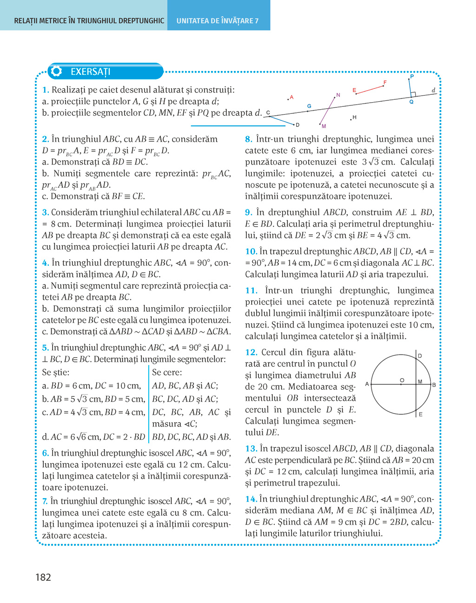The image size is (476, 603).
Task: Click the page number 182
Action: pyautogui.click(x=43, y=577)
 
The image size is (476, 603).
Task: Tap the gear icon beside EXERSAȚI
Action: pyautogui.click(x=57, y=72)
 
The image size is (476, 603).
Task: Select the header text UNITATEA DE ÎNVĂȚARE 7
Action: pyautogui.click(x=218, y=21)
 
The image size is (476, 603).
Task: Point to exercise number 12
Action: pyautogui.click(x=251, y=353)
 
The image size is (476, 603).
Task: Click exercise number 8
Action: pyautogui.click(x=248, y=139)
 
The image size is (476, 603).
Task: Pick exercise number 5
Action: pyautogui.click(x=45, y=348)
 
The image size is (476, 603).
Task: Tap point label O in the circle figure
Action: pyautogui.click(x=402, y=380)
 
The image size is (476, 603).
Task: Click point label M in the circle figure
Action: pyautogui.click(x=420, y=382)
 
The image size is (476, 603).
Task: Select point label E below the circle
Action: pyautogui.click(x=420, y=414)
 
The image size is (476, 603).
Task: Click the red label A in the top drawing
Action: pyautogui.click(x=291, y=98)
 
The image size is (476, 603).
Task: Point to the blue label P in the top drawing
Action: pyautogui.click(x=411, y=77)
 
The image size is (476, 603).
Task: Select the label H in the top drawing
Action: pyautogui.click(x=354, y=118)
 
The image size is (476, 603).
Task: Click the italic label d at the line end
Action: pyautogui.click(x=433, y=90)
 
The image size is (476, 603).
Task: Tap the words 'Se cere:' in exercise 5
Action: pyautogui.click(x=167, y=373)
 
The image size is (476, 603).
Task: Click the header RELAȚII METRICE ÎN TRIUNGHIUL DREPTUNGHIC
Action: pyautogui.click(x=89, y=21)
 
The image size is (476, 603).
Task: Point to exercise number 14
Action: pyautogui.click(x=251, y=499)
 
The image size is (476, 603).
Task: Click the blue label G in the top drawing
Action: pyautogui.click(x=309, y=106)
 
